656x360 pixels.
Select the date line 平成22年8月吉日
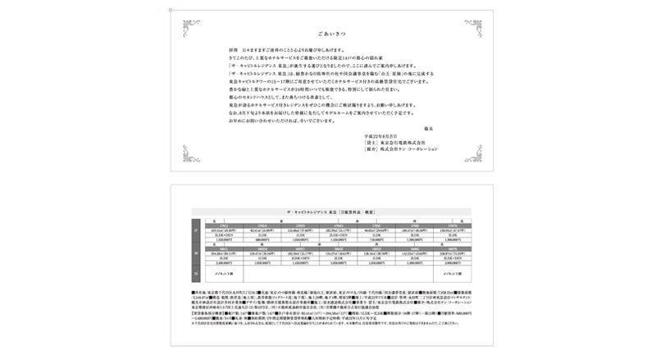tap(382, 136)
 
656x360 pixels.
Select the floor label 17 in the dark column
tap(196, 231)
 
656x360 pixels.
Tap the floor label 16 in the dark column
tap(196, 254)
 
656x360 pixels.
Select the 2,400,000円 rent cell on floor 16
tap(223, 262)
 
